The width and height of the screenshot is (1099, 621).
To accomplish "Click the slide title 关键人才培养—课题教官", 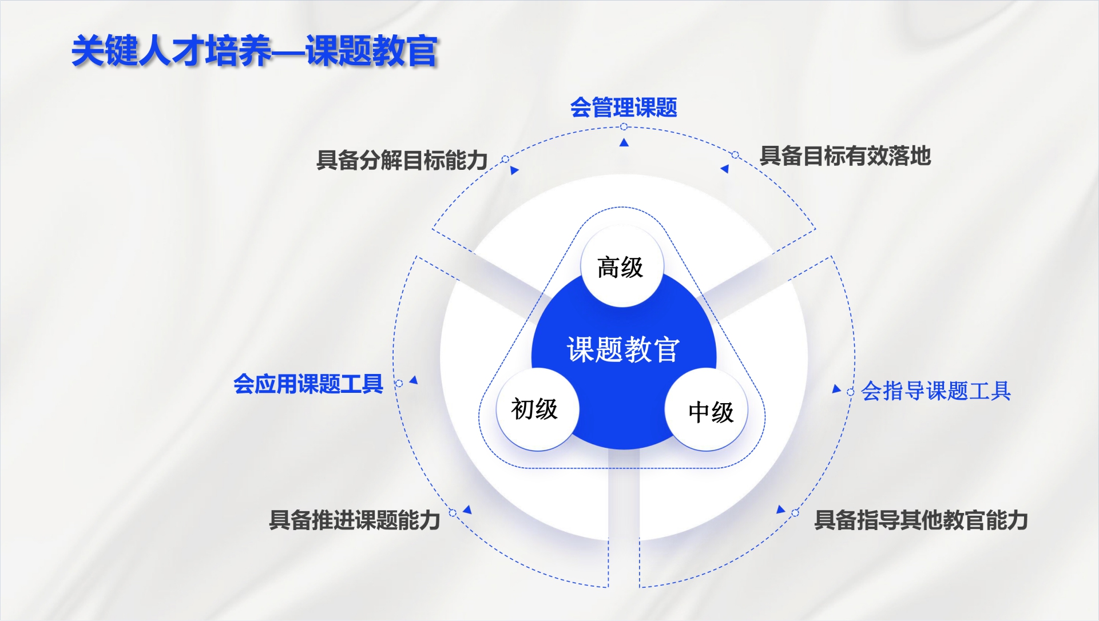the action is coord(255,51).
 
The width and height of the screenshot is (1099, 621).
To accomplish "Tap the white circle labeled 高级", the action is coord(622,266).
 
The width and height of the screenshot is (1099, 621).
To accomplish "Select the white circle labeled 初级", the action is coord(537,409).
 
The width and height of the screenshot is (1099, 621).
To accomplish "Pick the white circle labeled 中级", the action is coord(707,409).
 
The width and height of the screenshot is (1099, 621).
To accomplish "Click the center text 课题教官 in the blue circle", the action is coord(623,349).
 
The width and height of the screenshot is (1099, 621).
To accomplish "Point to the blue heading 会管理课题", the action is coord(624,108).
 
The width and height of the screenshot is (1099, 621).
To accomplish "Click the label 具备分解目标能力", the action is coord(402,160).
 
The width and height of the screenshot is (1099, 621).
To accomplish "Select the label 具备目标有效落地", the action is coord(845,156).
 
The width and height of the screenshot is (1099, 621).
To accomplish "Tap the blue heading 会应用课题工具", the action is coord(308,384).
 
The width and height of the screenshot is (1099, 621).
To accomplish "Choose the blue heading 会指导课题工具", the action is coord(936,391).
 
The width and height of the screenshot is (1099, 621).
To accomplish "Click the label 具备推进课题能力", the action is coord(355,520).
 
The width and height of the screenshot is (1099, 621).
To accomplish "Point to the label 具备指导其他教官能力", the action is coord(921,520).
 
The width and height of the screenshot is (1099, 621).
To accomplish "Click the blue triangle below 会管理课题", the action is coord(624,142).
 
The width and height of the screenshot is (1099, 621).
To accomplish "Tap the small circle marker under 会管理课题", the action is coord(624,126).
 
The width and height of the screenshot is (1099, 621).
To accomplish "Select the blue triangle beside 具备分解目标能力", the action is coord(514,170).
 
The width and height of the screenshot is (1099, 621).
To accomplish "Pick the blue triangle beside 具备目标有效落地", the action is coord(725,169).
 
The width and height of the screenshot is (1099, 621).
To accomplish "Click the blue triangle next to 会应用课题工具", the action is coord(414,380).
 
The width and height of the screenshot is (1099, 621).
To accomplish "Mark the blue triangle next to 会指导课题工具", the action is coord(836,389).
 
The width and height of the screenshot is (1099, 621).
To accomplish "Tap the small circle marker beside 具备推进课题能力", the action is coord(453,513).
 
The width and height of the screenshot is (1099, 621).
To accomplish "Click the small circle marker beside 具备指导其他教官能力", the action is coord(795,513).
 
